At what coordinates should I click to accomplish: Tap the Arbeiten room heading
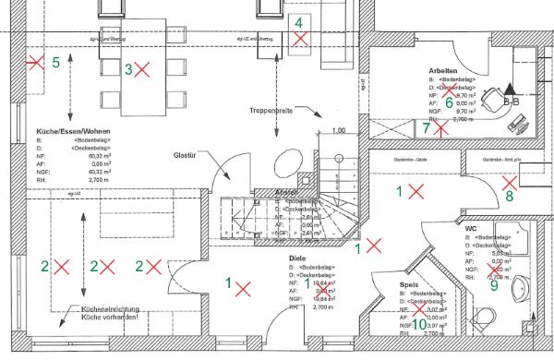pyautogui.click(x=444, y=71)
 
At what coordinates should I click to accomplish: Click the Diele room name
pyautogui.click(x=296, y=258)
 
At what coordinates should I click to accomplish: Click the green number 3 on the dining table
pyautogui.click(x=129, y=68)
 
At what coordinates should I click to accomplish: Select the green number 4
pyautogui.click(x=299, y=22)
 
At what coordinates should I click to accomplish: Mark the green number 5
pyautogui.click(x=55, y=63)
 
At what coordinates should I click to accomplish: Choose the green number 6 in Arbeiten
pyautogui.click(x=450, y=102)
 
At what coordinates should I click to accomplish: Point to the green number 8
pyautogui.click(x=509, y=196)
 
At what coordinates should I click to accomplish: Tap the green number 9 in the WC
pyautogui.click(x=493, y=285)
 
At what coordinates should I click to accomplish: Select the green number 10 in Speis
pyautogui.click(x=419, y=324)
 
